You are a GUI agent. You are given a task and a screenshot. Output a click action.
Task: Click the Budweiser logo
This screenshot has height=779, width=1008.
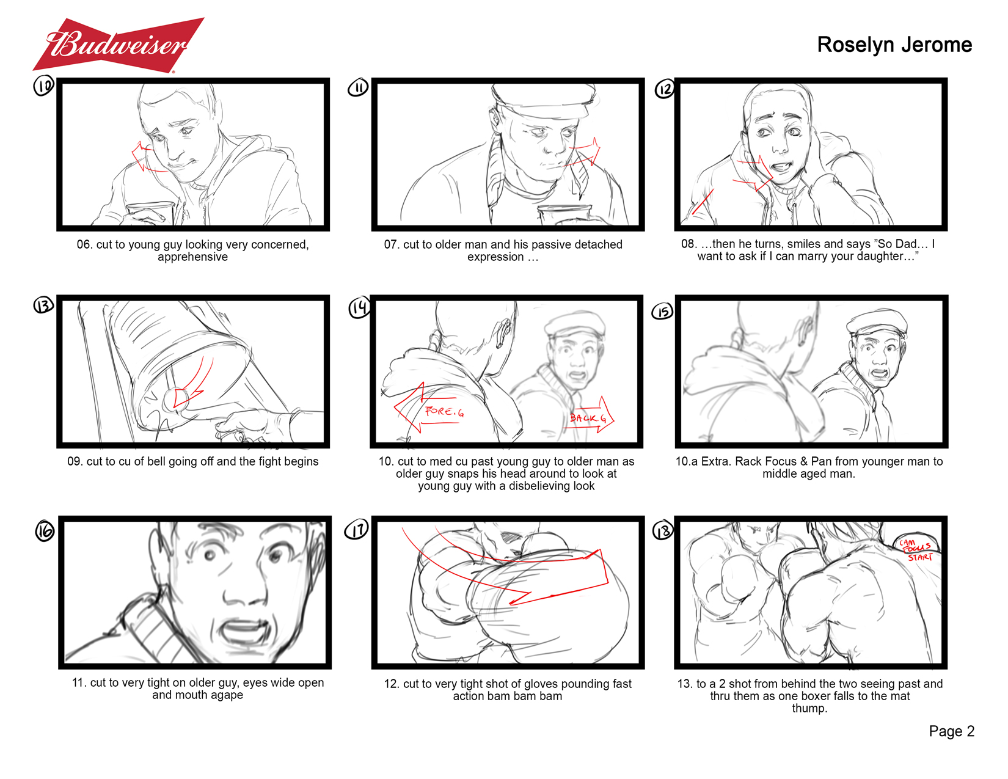[119, 45]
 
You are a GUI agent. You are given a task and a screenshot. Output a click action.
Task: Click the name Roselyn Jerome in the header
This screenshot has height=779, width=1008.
[894, 45]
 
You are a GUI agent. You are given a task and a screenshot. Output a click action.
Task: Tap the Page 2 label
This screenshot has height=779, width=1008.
[951, 732]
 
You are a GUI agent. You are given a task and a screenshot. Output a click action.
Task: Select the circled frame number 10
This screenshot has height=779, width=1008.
[43, 86]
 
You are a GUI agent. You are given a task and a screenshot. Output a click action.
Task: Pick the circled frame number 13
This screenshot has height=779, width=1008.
[43, 305]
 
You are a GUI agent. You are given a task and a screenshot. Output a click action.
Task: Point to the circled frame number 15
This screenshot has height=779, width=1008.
[663, 312]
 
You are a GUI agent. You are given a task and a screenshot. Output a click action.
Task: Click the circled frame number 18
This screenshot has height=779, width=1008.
[663, 530]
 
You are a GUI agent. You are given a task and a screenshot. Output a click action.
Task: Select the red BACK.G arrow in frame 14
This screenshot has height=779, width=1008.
[590, 415]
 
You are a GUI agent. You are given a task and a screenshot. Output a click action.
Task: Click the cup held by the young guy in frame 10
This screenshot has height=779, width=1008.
[150, 213]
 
